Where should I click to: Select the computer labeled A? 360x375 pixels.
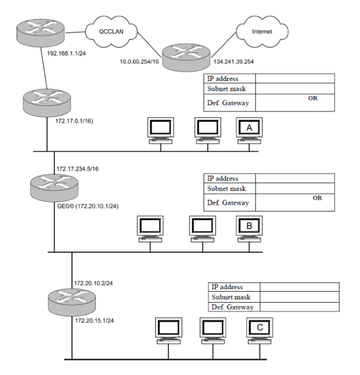point(248,130)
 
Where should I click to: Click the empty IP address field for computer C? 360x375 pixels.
point(299,287)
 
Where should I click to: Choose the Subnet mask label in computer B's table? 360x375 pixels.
point(227,188)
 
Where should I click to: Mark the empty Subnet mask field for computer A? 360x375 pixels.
point(294,88)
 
